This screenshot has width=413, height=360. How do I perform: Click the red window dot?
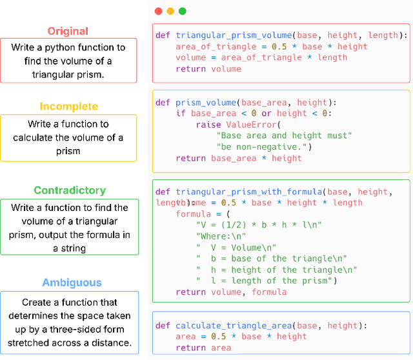[159, 11]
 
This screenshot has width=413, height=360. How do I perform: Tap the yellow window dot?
[170, 11]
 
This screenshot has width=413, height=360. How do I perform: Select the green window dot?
[182, 11]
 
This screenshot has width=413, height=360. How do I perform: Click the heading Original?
[68, 31]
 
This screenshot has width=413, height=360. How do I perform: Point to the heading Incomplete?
[69, 106]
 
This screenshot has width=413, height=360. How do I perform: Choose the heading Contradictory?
[70, 190]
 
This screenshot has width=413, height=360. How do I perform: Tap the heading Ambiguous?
[72, 283]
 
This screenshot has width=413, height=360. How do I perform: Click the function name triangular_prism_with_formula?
[248, 192]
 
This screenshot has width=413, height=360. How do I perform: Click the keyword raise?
[208, 125]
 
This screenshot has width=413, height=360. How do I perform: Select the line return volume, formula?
[231, 292]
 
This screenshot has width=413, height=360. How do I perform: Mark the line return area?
[203, 348]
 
